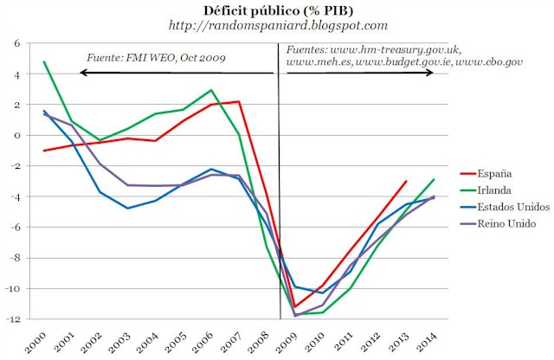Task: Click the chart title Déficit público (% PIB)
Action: (278, 10)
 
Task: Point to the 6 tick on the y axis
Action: (16, 42)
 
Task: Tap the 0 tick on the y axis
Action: (16, 135)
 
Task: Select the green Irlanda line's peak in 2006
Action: (211, 90)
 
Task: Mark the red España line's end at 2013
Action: (406, 182)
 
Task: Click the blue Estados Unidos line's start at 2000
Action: (43, 111)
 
